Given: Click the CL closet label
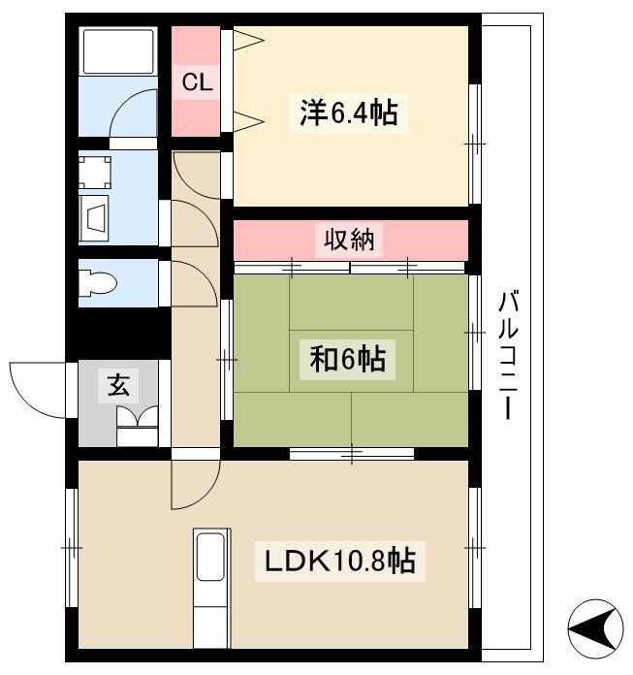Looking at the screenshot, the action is [x=197, y=81].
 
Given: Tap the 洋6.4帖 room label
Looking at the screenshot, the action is [x=349, y=112].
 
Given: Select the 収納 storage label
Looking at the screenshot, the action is [x=349, y=239].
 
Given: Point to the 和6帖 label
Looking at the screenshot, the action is [x=347, y=359].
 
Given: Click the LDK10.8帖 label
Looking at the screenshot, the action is [x=340, y=561].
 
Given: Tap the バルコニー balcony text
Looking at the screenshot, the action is [x=509, y=355].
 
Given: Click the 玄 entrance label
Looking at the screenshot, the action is [x=118, y=385].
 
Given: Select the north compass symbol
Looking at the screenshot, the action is [x=595, y=628].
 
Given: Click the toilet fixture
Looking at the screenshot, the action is [x=98, y=283].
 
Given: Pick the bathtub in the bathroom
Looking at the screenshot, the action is [x=118, y=50].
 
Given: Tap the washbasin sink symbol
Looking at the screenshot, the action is [x=95, y=217].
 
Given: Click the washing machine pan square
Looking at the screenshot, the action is [x=95, y=173].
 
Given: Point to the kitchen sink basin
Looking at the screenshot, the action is [x=210, y=556].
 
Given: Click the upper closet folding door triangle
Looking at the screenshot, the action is [x=248, y=41].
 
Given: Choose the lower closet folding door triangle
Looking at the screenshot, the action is [x=248, y=121].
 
